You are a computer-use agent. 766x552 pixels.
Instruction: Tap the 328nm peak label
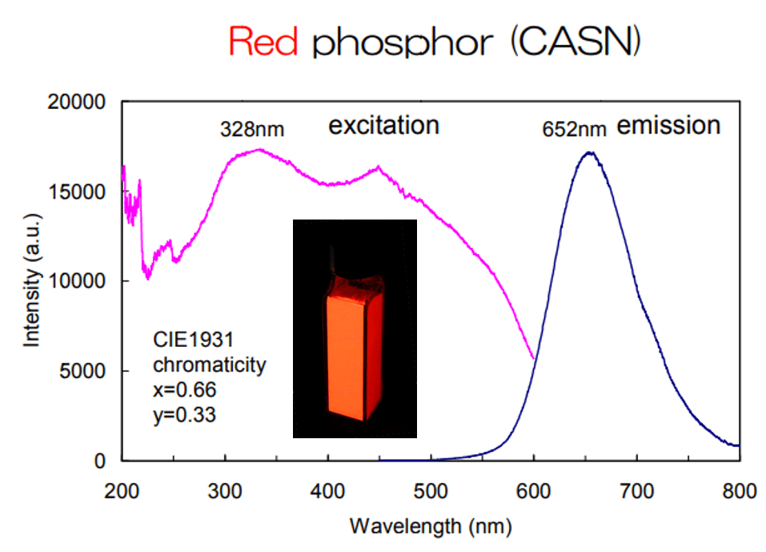tap(252, 128)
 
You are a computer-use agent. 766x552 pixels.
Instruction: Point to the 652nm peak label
tap(573, 128)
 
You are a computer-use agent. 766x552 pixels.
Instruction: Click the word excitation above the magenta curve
tap(384, 126)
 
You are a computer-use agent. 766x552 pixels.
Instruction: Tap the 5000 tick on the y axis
tap(88, 372)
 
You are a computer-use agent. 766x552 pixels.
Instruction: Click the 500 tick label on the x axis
tap(431, 490)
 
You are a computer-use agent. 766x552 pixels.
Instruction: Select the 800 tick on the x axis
tap(739, 490)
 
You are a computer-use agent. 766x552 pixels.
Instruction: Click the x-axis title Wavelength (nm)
tap(430, 526)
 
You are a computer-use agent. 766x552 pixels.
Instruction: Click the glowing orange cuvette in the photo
tap(346, 357)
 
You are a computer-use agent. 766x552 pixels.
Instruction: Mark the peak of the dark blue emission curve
tap(590, 152)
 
